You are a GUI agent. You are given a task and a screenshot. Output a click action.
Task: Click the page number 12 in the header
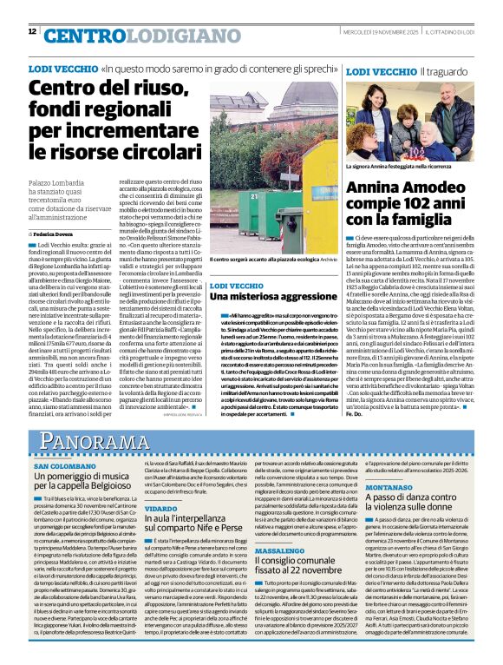[x=32, y=31]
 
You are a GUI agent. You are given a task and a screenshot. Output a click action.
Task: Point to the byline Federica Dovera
[x=56, y=234]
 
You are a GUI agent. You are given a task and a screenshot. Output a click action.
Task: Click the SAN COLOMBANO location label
[x=71, y=465]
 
